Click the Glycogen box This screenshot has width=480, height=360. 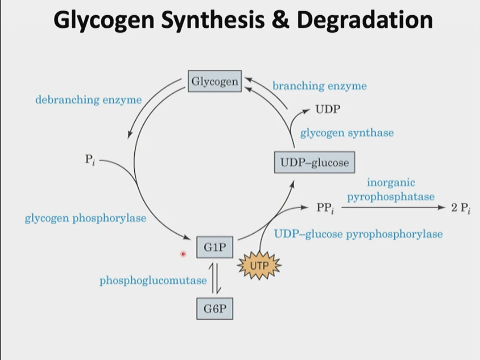point(215,81)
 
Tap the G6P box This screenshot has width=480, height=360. point(215,309)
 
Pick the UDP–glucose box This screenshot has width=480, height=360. point(314,162)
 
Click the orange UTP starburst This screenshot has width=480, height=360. point(259,266)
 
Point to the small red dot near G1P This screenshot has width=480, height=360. point(183,254)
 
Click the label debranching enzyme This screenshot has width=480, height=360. point(89,100)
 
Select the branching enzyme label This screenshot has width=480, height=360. point(319,86)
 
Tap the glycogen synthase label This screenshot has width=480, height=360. point(347,133)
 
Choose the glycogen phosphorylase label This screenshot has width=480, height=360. point(86,219)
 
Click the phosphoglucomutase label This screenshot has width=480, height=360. point(153,281)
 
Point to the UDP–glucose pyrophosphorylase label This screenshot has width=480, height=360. point(358,234)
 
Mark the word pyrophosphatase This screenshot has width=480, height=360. point(390,197)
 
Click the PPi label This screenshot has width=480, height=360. point(325,208)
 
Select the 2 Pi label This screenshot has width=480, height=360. point(460,209)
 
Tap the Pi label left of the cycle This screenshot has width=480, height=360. point(90,159)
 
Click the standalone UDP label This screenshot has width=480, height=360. point(328,109)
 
